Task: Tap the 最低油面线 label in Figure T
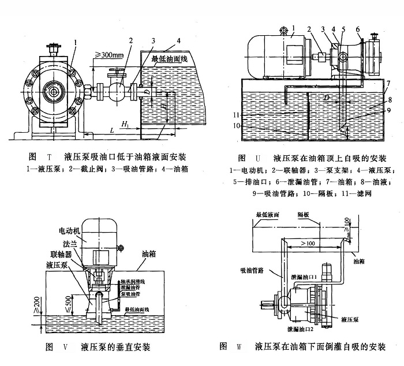point(170,59)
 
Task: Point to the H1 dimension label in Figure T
point(125,124)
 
